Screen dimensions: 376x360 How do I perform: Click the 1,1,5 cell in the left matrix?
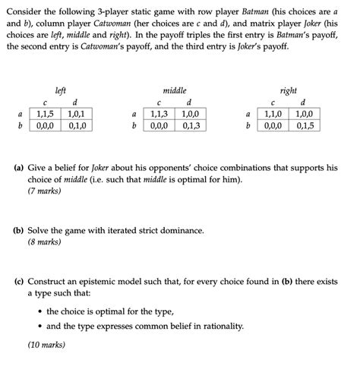pyautogui.click(x=45, y=114)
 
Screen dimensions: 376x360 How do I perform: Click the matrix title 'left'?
pyautogui.click(x=61, y=90)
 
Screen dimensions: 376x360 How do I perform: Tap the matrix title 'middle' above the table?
pyautogui.click(x=175, y=90)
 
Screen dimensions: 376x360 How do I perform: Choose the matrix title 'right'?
pyautogui.click(x=289, y=90)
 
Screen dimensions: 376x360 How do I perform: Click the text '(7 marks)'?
pyautogui.click(x=44, y=191)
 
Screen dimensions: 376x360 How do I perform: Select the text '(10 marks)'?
pyautogui.click(x=46, y=344)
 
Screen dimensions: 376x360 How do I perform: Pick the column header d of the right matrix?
pyautogui.click(x=304, y=103)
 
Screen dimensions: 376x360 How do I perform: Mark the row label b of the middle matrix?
pyautogui.click(x=134, y=126)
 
